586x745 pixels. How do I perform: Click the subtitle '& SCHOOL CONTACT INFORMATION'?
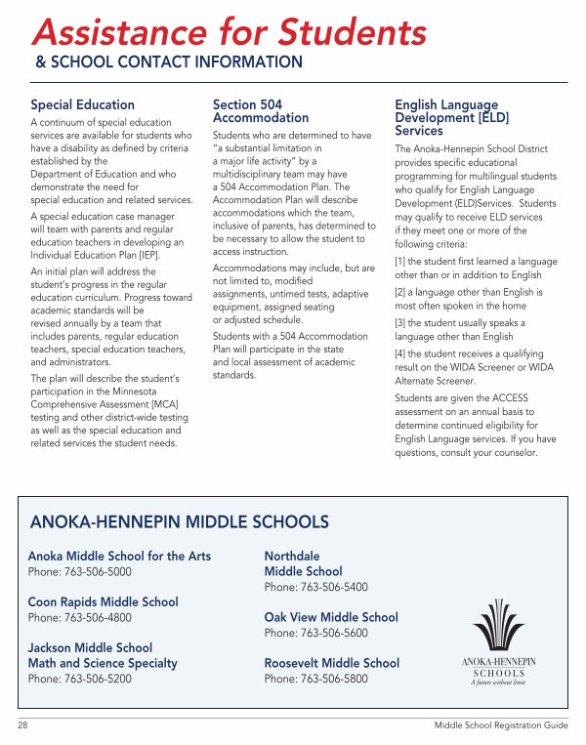[169, 62]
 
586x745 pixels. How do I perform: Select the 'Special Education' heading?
[83, 105]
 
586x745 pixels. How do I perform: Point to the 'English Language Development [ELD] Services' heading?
[446, 117]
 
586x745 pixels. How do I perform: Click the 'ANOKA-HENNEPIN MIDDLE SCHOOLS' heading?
[180, 522]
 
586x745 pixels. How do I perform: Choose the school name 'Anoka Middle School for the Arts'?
[119, 557]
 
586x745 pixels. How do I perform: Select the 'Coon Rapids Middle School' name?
[103, 602]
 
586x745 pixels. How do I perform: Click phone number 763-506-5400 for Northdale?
[332, 588]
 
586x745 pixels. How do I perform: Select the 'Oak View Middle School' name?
[331, 617]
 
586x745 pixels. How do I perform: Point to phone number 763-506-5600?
[332, 633]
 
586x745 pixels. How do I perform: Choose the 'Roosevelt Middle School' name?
[332, 663]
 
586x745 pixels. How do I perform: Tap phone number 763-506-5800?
[332, 679]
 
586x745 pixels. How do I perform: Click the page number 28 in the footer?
[23, 725]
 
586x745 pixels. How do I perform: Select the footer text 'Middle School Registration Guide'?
[501, 725]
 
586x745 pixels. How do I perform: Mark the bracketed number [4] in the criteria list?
[401, 354]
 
